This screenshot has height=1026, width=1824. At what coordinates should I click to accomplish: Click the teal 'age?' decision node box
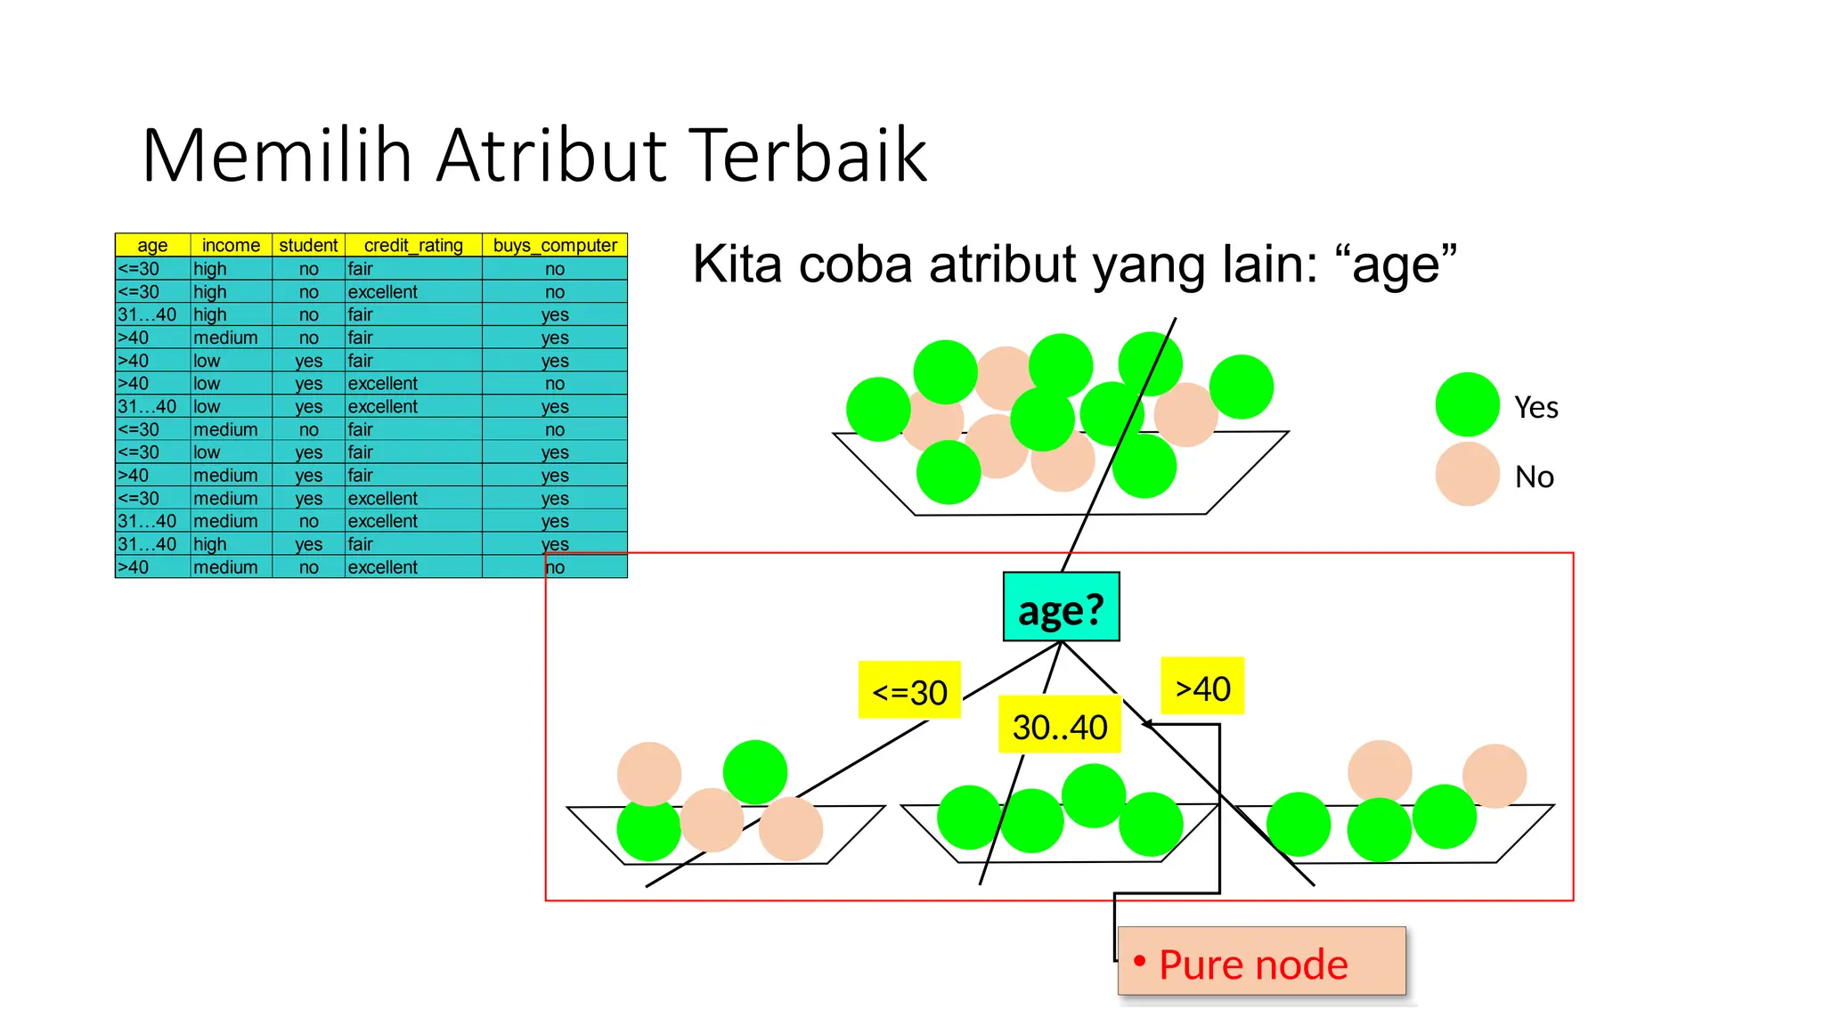[1061, 607]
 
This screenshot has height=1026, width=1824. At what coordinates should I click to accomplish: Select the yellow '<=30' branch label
[909, 690]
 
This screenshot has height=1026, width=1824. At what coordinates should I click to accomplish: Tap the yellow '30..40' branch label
[1059, 725]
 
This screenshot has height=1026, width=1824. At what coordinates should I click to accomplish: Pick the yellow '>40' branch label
[1202, 687]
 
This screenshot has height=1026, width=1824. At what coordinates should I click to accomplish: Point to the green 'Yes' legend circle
[1467, 405]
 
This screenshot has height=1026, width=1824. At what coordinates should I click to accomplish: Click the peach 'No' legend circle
[1467, 475]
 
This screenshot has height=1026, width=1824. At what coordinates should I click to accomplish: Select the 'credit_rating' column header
[413, 245]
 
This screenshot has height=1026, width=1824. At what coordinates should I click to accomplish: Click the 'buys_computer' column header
[555, 245]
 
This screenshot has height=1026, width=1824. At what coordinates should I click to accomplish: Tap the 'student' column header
[308, 245]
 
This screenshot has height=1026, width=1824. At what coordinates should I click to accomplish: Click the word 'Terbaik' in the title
[808, 156]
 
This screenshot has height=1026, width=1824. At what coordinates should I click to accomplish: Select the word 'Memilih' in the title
[276, 156]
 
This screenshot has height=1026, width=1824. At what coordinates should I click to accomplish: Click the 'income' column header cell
[231, 245]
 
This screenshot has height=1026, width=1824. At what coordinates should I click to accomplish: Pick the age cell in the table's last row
[151, 567]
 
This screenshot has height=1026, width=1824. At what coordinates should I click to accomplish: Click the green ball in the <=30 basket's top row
[754, 771]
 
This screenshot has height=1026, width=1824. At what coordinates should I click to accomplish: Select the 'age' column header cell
[152, 245]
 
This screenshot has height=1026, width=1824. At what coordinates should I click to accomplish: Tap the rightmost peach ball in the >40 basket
[1494, 776]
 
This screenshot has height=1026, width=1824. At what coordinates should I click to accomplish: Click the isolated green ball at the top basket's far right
[1241, 387]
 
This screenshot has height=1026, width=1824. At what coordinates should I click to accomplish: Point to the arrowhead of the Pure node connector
[1145, 724]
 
